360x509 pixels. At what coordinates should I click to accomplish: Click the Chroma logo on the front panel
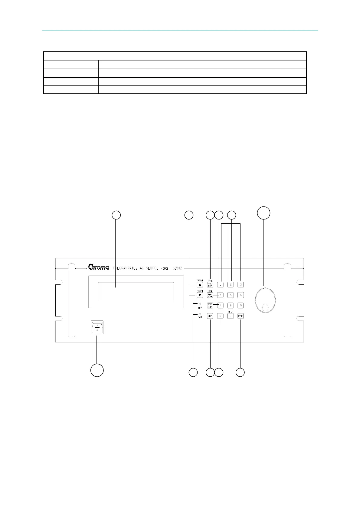pos(98,267)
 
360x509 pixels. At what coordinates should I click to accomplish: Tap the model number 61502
pos(177,268)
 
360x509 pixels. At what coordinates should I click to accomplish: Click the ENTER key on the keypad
pos(241,316)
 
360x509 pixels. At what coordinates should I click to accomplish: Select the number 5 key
pos(231,295)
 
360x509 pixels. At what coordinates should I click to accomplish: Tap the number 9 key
pos(241,306)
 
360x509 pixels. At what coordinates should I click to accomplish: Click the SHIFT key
pos(210,316)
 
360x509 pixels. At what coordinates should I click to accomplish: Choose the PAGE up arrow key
pos(200,285)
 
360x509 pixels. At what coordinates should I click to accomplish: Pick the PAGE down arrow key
pos(200,295)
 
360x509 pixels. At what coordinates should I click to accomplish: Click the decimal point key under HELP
pos(231,316)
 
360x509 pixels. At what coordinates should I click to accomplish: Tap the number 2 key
pos(231,284)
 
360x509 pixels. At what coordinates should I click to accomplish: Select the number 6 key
pos(241,295)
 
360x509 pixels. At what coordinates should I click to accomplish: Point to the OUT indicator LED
pos(200,304)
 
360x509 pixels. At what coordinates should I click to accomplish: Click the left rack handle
pos(71,300)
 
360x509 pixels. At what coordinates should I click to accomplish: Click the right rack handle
pos(287,300)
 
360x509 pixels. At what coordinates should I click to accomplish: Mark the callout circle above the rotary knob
pos(263,213)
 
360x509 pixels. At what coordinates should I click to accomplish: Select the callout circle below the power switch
pos(97,370)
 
